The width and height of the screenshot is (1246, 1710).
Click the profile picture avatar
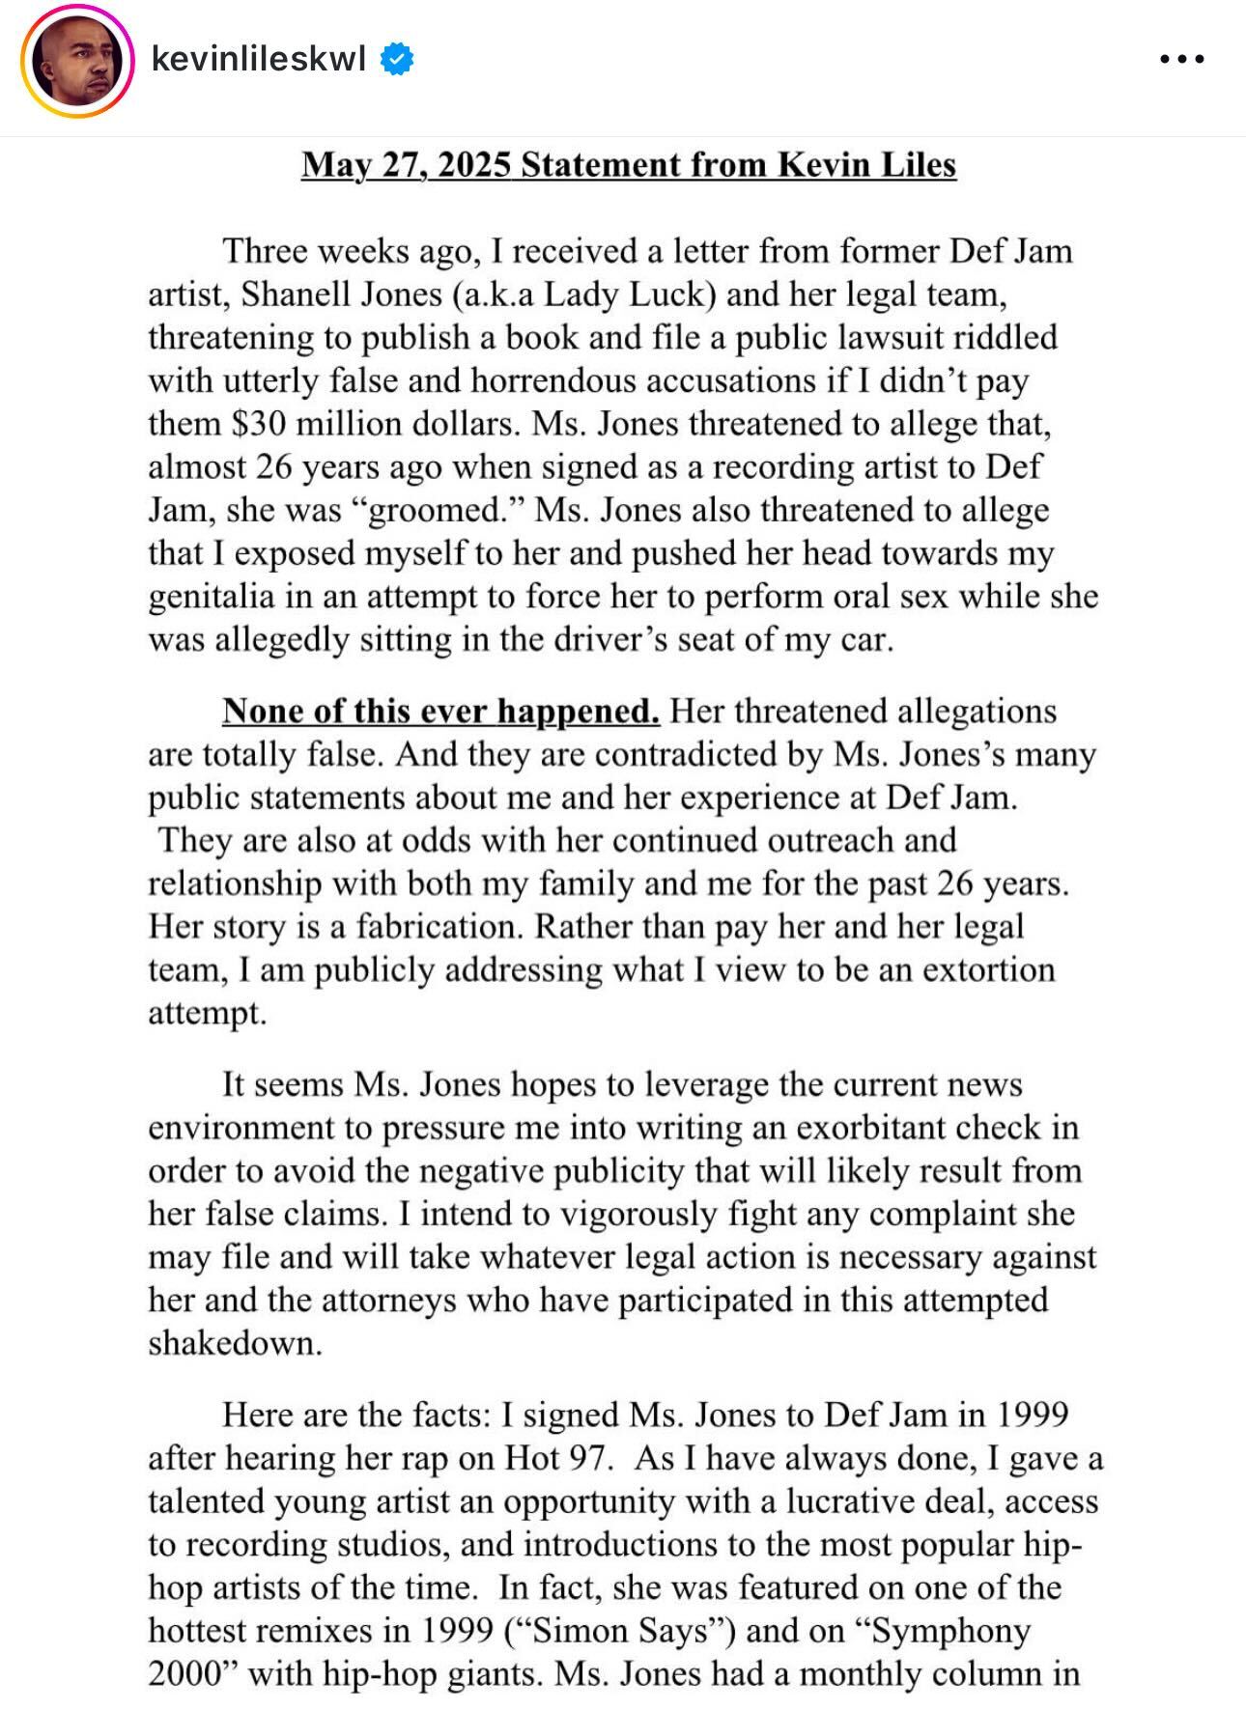tap(77, 61)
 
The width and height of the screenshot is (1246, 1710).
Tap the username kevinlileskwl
tap(258, 60)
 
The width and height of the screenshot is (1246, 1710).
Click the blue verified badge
tap(397, 60)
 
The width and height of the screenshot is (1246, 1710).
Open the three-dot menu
tap(1181, 60)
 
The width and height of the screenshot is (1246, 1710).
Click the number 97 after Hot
tap(586, 1458)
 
